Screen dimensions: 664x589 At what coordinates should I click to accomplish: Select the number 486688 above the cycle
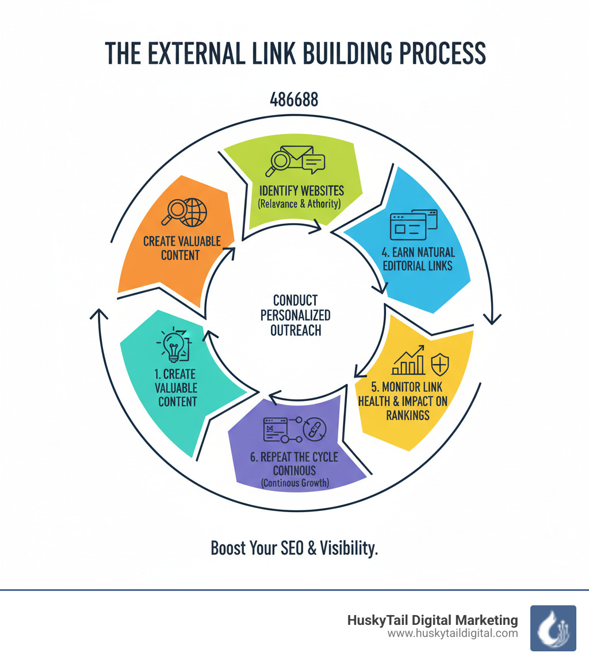pyautogui.click(x=294, y=100)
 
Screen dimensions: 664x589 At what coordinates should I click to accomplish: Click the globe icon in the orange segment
pyautogui.click(x=193, y=212)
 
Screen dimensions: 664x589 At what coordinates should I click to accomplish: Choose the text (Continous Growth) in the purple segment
pyautogui.click(x=294, y=483)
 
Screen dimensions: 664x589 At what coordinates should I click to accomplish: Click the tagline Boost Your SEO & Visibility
pyautogui.click(x=294, y=548)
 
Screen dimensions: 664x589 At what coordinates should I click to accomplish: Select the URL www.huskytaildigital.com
pyautogui.click(x=453, y=634)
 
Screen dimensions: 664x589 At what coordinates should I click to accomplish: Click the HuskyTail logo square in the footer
pyautogui.click(x=553, y=628)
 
